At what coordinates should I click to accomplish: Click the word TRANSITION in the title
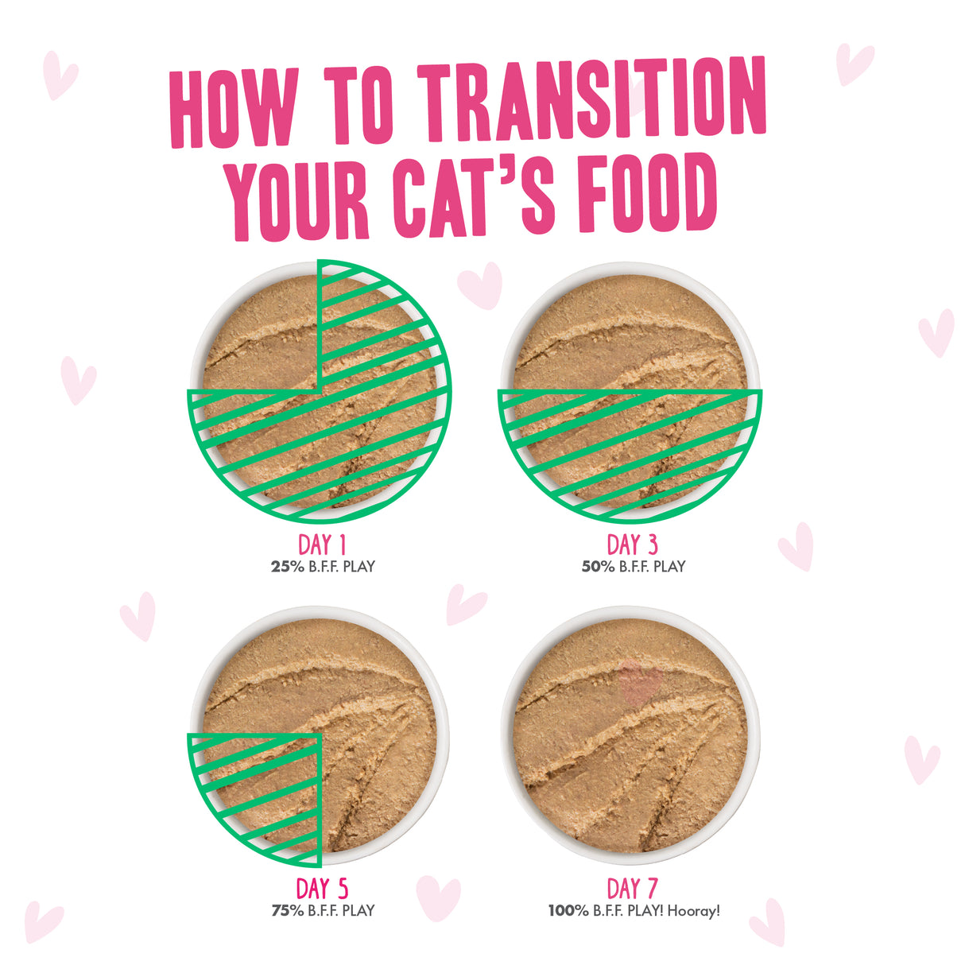[592, 105]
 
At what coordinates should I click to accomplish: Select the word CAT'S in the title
[475, 196]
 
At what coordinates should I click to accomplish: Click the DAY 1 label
[322, 545]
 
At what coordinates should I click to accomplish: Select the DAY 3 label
[633, 545]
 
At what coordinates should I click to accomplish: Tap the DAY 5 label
[322, 889]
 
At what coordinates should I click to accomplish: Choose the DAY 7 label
[633, 889]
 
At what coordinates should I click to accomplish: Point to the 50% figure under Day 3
[598, 567]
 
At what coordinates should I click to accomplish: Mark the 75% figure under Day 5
[287, 911]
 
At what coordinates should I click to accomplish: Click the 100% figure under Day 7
[568, 911]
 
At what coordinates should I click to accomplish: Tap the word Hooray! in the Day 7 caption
[694, 911]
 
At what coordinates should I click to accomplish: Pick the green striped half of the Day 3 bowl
[630, 445]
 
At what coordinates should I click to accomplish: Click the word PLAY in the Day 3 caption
[669, 567]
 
